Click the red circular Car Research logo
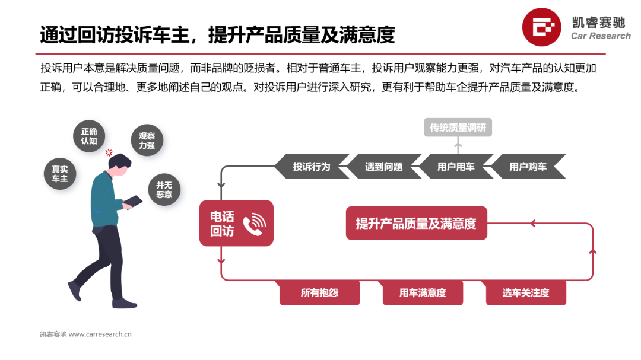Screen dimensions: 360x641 click(542, 27)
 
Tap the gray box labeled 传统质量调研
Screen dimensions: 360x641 click(458, 128)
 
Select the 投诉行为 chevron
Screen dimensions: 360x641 click(311, 167)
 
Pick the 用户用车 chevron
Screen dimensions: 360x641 click(456, 167)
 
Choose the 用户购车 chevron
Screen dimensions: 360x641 click(528, 167)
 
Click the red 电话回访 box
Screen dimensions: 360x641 click(236, 224)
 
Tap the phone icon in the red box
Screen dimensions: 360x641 click(255, 224)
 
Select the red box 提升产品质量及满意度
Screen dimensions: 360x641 click(416, 224)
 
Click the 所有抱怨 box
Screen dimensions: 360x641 click(319, 293)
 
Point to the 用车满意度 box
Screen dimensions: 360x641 click(423, 293)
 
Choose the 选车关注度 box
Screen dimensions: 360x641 click(526, 293)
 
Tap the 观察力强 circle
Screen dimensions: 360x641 click(147, 140)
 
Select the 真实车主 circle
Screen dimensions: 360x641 click(60, 173)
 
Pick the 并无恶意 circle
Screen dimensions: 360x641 click(164, 189)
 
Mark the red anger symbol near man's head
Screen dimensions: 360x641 click(109, 152)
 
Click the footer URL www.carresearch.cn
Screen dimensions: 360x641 click(100, 334)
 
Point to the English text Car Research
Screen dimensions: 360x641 click(601, 36)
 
